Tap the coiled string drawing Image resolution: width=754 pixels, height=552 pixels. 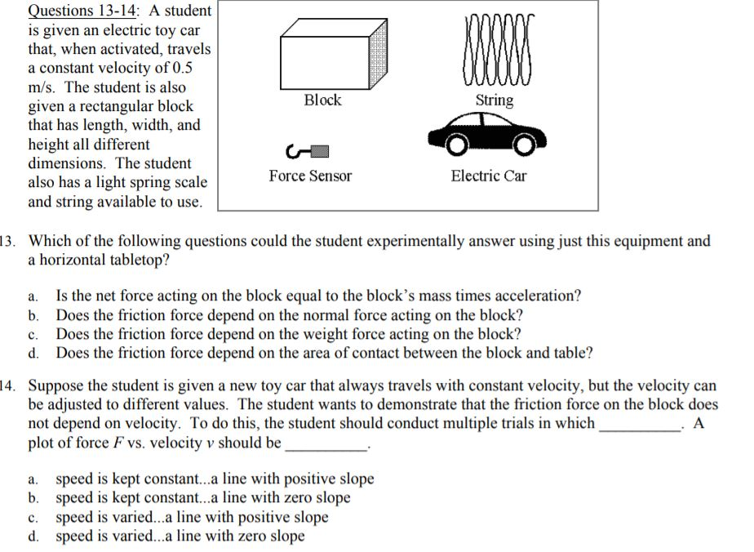pyautogui.click(x=494, y=49)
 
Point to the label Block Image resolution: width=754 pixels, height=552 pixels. pyautogui.click(x=322, y=100)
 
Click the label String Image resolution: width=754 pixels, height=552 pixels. pyautogui.click(x=495, y=100)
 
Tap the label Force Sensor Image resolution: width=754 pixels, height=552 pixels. pyautogui.click(x=311, y=176)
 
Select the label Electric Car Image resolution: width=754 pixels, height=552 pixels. pyautogui.click(x=489, y=176)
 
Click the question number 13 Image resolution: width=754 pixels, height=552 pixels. pyautogui.click(x=7, y=242)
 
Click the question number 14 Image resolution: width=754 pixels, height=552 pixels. pyautogui.click(x=7, y=385)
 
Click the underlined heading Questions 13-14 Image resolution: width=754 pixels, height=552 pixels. pyautogui.click(x=73, y=11)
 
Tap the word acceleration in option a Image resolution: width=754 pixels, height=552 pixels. pyautogui.click(x=540, y=296)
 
